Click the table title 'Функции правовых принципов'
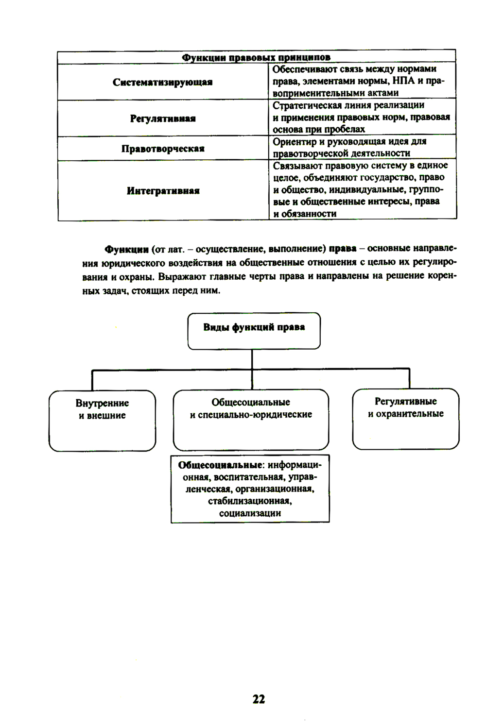pyautogui.click(x=256, y=58)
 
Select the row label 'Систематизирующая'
pyautogui.click(x=162, y=82)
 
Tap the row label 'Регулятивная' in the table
pyautogui.click(x=162, y=118)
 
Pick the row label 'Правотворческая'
pyautogui.click(x=162, y=149)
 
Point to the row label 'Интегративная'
pyautogui.click(x=162, y=191)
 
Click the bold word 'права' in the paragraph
pyautogui.click(x=343, y=249)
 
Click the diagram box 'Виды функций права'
pyautogui.click(x=254, y=331)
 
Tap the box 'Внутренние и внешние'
pyautogui.click(x=102, y=421)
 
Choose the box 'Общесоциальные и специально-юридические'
pyautogui.click(x=251, y=420)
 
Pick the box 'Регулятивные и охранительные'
pyautogui.click(x=405, y=419)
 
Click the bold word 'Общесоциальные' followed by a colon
pyautogui.click(x=219, y=465)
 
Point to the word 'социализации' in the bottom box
pyautogui.click(x=250, y=513)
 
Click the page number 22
pyautogui.click(x=259, y=698)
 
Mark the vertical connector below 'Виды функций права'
pyautogui.click(x=252, y=359)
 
